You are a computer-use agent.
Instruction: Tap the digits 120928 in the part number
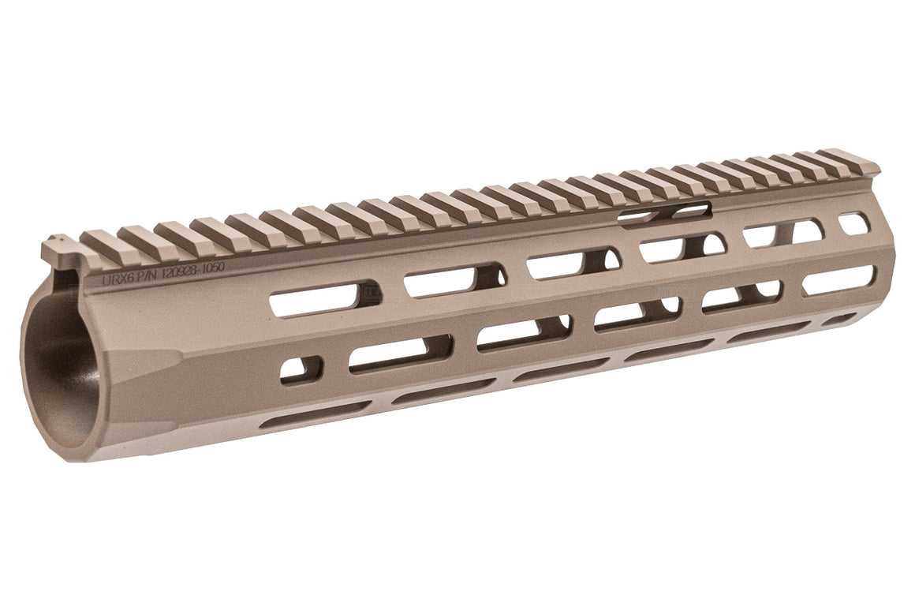click(177, 271)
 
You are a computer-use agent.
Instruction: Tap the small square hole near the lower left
click(301, 369)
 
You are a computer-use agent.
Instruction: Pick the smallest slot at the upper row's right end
click(853, 223)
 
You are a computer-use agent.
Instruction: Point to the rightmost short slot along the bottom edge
click(841, 319)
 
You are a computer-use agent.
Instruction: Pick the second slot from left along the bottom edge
click(442, 391)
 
